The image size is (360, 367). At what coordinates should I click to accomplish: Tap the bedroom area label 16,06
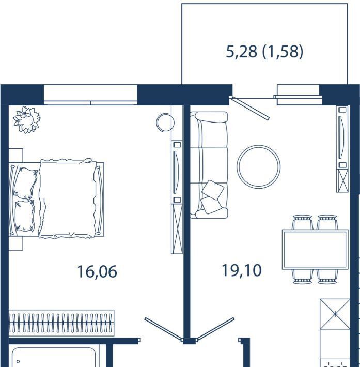pyautogui.click(x=97, y=272)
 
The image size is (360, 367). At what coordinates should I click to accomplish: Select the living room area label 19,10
pyautogui.click(x=242, y=270)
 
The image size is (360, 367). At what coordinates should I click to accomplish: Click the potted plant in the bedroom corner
pyautogui.click(x=26, y=119)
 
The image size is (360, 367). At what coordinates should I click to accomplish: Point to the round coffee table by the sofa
pyautogui.click(x=258, y=166)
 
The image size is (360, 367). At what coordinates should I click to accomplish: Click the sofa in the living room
pyautogui.click(x=209, y=165)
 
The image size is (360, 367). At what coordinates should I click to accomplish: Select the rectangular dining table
pyautogui.click(x=315, y=249)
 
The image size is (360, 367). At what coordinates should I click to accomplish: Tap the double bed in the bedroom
pyautogui.click(x=57, y=198)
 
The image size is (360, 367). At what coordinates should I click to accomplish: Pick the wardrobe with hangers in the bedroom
pyautogui.click(x=61, y=323)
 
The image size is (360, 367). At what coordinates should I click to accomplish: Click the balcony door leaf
pyautogui.click(x=249, y=108)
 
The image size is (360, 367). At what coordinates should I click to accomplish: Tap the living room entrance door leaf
pyautogui.click(x=216, y=328)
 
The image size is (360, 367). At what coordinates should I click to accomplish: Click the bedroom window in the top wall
pyautogui.click(x=90, y=95)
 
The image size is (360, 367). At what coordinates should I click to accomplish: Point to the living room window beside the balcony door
pyautogui.click(x=298, y=95)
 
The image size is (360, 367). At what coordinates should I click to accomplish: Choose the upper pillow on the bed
pyautogui.click(x=25, y=183)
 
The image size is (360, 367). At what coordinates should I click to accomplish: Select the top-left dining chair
pyautogui.click(x=303, y=222)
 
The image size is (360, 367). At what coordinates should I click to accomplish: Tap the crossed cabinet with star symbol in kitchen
pyautogui.click(x=335, y=314)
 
